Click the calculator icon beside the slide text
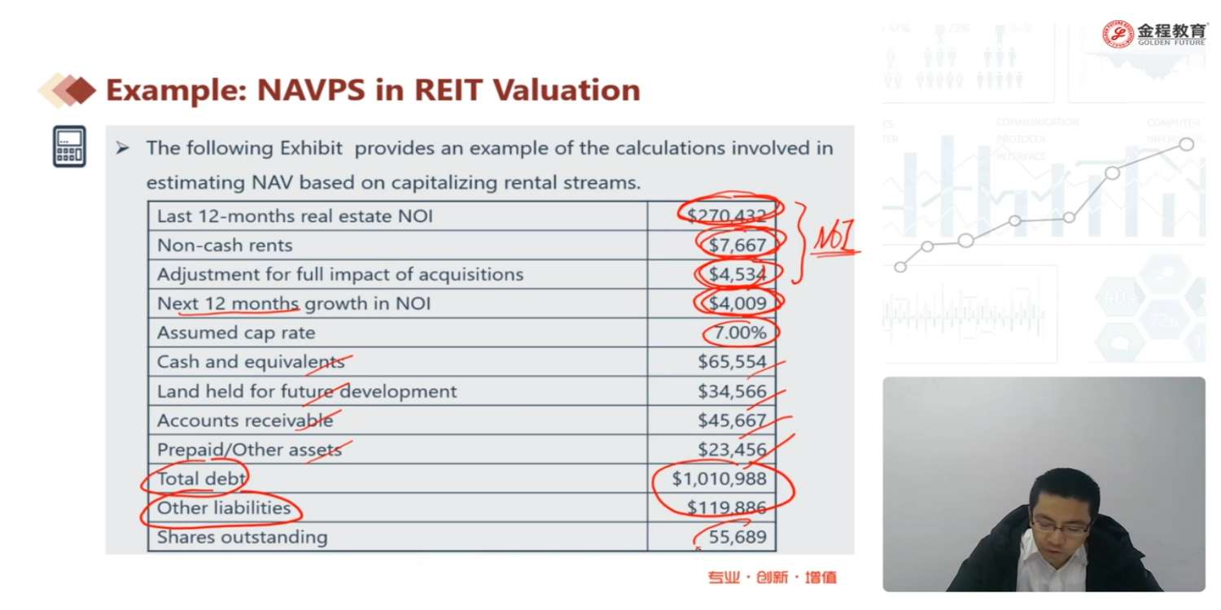point(69,146)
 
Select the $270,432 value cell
point(726,216)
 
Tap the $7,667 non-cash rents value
point(737,245)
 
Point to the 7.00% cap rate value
point(740,333)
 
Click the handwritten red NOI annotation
point(834,239)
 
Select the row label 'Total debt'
point(201,479)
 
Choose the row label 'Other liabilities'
point(224,508)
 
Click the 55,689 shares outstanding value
point(737,538)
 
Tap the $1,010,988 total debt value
point(720,479)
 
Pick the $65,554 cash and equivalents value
point(732,362)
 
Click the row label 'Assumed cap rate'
point(236,333)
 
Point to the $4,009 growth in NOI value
point(737,303)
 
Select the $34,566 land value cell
point(732,391)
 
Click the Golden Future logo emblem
point(1118,34)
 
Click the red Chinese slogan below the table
point(772,577)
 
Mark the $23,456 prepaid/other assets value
point(732,450)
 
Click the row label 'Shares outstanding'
point(242,538)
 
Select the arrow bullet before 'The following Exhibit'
point(122,148)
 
